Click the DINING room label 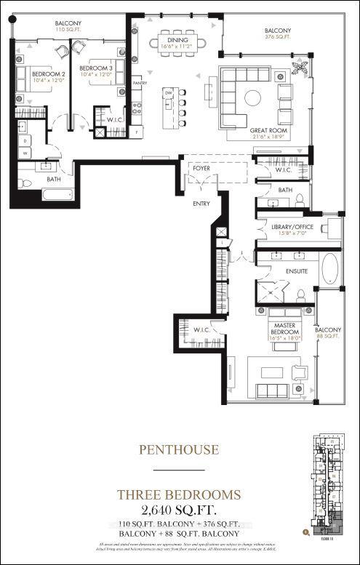pyautogui.click(x=177, y=41)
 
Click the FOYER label pyautogui.click(x=201, y=169)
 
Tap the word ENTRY pyautogui.click(x=201, y=204)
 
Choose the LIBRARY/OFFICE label pyautogui.click(x=289, y=228)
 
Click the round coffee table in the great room pyautogui.click(x=252, y=97)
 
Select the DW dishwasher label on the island pyautogui.click(x=168, y=93)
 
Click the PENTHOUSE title pyautogui.click(x=179, y=450)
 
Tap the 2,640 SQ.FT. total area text pyautogui.click(x=179, y=508)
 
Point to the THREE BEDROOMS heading pyautogui.click(x=179, y=494)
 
